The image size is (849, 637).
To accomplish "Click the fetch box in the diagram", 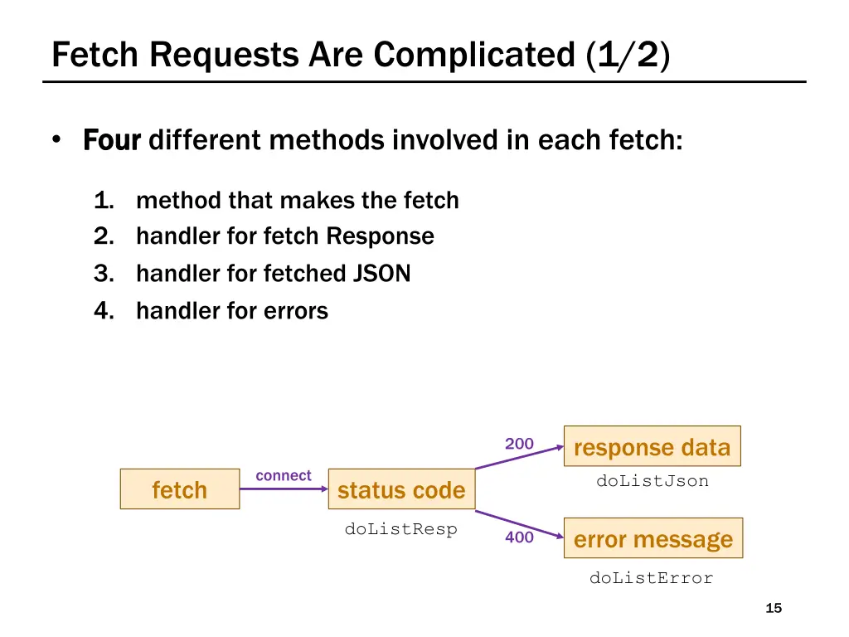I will coord(179,489).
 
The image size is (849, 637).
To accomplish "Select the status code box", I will coord(401,489).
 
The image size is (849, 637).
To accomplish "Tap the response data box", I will coord(652,447).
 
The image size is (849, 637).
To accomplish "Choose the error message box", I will coord(653,539).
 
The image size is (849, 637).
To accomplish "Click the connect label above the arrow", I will coord(284,475).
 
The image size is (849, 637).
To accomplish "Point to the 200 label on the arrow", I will coord(519,444).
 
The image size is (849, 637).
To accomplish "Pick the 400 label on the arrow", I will coord(519,537).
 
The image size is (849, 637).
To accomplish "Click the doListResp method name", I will coord(401,529).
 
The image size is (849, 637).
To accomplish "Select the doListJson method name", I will coord(653,481).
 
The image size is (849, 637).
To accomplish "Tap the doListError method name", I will coord(651,578).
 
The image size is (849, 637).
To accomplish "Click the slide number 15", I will coord(773,609).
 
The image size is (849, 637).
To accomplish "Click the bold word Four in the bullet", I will coord(113,140).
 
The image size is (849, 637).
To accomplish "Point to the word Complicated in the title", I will coord(474,55).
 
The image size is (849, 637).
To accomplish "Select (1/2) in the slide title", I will coord(628,55).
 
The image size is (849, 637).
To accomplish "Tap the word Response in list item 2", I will coord(380,236).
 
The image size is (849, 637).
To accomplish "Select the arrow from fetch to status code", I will coord(284,489).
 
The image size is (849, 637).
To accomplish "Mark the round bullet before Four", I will coord(56,140).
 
